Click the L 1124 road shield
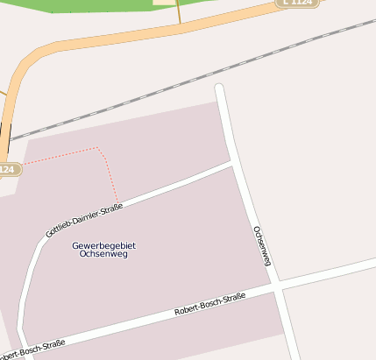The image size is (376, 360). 297,4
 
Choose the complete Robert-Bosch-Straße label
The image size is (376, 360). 210,304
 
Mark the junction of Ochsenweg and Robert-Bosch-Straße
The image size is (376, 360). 277,287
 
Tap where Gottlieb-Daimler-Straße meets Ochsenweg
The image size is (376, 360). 234,162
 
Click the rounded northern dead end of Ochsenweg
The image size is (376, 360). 220,88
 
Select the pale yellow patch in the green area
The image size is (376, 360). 164,2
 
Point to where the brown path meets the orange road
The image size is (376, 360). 179,25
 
